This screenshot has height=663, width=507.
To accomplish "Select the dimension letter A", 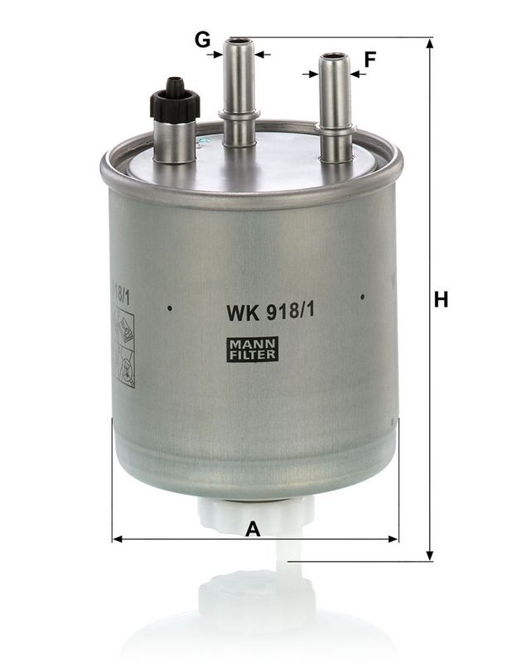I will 254,528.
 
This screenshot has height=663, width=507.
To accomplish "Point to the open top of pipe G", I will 239,40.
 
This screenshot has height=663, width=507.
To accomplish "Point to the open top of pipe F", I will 335,56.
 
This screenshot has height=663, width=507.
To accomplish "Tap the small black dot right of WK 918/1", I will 362,295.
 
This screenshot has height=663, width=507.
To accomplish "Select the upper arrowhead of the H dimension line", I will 429,44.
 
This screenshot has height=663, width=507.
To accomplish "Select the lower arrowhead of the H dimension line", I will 429,555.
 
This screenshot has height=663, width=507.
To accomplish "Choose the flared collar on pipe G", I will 239,115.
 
